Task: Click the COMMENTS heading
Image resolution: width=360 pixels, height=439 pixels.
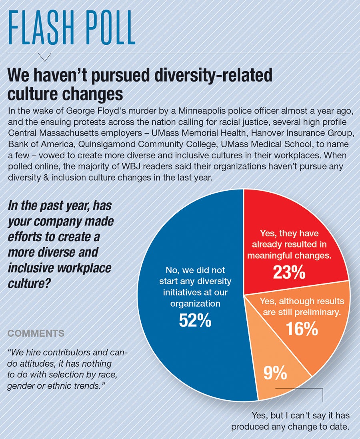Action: [x=36, y=333]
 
